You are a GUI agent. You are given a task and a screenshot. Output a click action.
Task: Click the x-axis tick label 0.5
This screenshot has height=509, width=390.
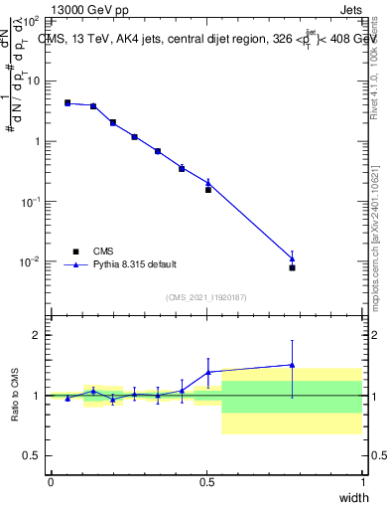206,482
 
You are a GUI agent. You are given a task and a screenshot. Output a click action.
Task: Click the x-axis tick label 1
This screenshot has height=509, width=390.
362,482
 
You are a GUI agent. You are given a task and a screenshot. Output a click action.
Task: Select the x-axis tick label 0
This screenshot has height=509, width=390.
51,482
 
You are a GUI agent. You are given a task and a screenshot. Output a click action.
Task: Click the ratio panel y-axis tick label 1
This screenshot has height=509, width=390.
37,396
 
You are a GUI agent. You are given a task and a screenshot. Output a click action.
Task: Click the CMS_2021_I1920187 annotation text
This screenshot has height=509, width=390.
206,296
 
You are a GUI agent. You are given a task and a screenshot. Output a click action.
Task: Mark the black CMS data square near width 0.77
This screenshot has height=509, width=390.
292,267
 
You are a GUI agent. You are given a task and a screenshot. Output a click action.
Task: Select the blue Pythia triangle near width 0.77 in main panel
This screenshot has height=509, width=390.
292,258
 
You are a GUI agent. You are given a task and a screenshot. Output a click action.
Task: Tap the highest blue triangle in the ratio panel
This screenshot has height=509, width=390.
292,365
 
